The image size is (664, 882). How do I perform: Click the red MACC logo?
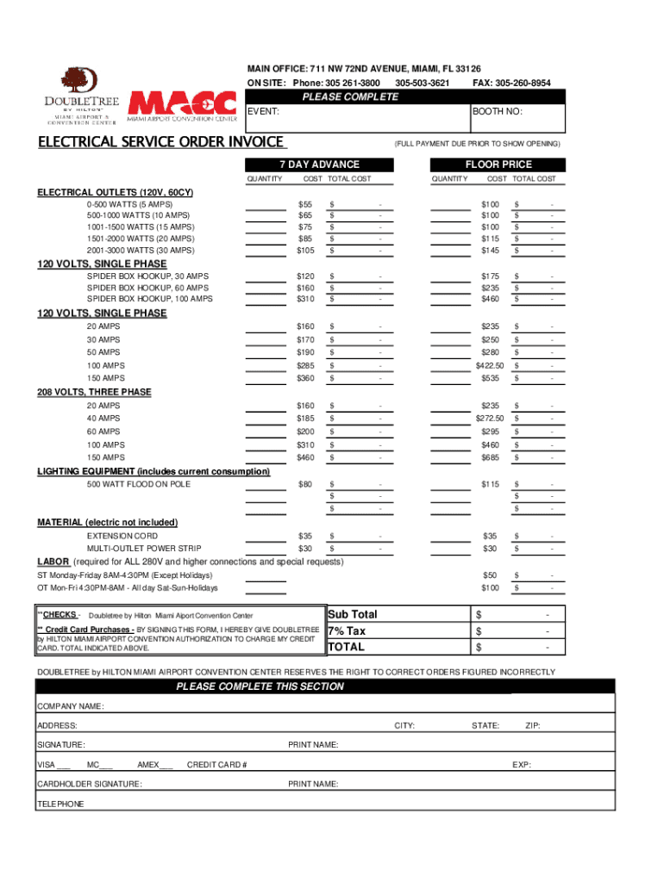coord(182,102)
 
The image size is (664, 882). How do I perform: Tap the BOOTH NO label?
coord(497,112)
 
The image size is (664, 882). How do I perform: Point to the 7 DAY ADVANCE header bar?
coord(319,165)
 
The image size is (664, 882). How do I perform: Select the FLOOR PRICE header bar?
coord(498,165)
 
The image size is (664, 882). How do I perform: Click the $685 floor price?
coord(490,457)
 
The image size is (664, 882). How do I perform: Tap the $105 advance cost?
coord(305,250)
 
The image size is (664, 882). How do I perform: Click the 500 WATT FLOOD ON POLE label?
coord(139,484)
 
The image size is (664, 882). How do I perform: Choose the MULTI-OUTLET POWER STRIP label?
coord(144,549)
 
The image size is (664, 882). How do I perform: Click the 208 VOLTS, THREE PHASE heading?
coord(94,392)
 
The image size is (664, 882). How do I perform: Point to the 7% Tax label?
coord(347,631)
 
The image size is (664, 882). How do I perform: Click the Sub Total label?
coord(353,615)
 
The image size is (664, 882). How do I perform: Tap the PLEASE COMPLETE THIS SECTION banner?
coord(260,686)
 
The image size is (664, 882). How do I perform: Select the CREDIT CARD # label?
coord(217,765)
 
